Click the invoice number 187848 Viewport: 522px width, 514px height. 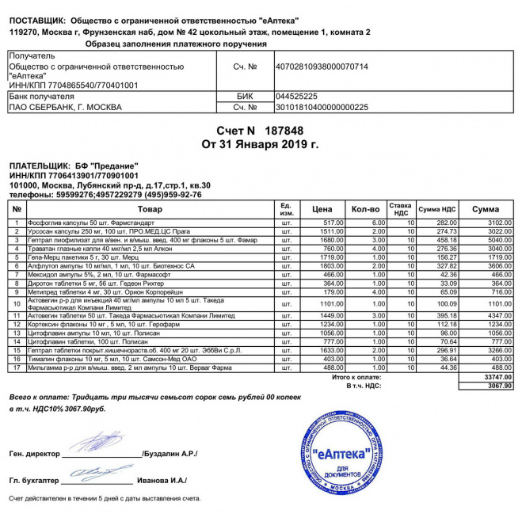point(284,130)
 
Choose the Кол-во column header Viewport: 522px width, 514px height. point(365,209)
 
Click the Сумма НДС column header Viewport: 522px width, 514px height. point(437,209)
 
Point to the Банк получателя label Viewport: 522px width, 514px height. point(40,95)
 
